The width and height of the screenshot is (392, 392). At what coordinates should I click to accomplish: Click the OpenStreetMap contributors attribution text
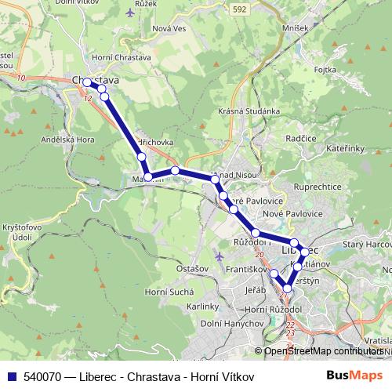click(x=323, y=351)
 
